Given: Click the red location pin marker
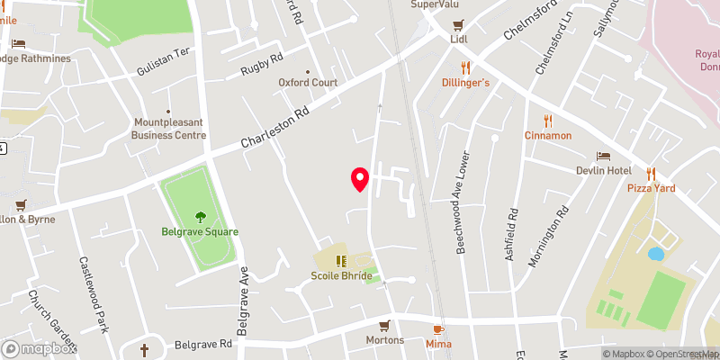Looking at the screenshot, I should pyautogui.click(x=360, y=179).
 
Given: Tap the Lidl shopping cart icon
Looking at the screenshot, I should pyautogui.click(x=459, y=24).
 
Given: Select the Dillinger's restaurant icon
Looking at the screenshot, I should pyautogui.click(x=466, y=67).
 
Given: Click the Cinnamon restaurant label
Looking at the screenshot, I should pyautogui.click(x=548, y=135).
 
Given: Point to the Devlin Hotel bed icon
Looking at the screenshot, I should pyautogui.click(x=604, y=156).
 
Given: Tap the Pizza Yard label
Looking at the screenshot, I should pyautogui.click(x=651, y=188).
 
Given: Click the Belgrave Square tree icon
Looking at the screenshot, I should pyautogui.click(x=200, y=216).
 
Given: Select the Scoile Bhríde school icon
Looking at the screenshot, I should pyautogui.click(x=341, y=261).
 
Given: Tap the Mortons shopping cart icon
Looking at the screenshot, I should pyautogui.click(x=384, y=325).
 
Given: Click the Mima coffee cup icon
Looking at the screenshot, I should pyautogui.click(x=438, y=329).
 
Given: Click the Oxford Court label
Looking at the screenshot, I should pyautogui.click(x=308, y=82).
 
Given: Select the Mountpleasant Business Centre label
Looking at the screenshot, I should pyautogui.click(x=169, y=129).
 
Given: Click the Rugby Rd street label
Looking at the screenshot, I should pyautogui.click(x=261, y=64).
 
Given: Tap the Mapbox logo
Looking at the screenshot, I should pyautogui.click(x=38, y=348).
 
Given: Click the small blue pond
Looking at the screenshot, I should pyautogui.click(x=655, y=254).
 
